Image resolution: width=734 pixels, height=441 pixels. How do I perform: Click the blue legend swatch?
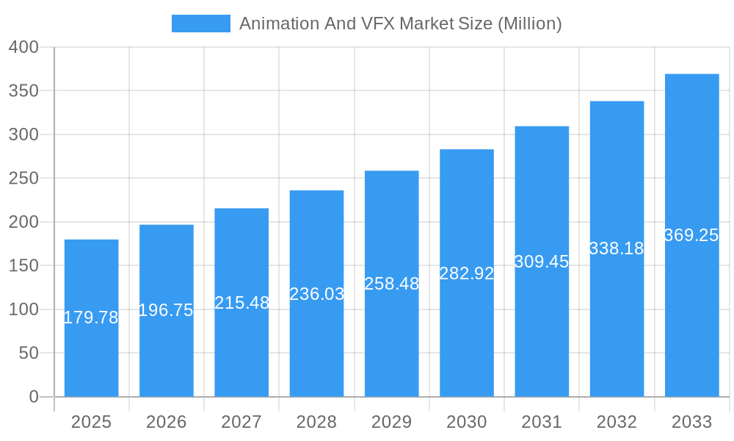click(x=200, y=24)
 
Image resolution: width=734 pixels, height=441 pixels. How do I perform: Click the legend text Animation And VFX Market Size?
click(x=400, y=24)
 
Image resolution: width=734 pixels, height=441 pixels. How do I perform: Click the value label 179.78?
click(x=91, y=318)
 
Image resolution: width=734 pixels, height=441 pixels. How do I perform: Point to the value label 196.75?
click(x=166, y=310)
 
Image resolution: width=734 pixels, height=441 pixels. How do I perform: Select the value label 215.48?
click(x=241, y=302)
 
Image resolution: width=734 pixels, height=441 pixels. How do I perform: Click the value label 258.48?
click(x=392, y=284)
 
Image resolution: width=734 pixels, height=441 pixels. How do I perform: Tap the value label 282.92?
click(x=467, y=273)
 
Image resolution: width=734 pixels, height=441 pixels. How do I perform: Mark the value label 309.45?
click(x=542, y=262)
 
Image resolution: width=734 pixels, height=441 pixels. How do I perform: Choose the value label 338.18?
click(x=617, y=248)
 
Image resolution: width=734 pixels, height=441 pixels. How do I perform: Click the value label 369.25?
click(x=691, y=235)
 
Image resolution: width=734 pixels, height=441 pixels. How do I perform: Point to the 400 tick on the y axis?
click(x=23, y=47)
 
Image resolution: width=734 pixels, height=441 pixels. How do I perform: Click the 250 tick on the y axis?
click(x=23, y=178)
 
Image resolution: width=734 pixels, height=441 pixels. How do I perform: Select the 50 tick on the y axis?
click(x=28, y=353)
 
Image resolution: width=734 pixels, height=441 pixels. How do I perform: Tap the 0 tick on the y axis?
click(x=33, y=397)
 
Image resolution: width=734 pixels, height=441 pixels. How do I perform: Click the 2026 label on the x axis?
click(x=166, y=422)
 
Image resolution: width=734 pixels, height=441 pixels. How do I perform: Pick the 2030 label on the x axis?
click(x=467, y=422)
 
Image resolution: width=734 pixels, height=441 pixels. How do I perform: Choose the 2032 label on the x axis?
click(x=617, y=422)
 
